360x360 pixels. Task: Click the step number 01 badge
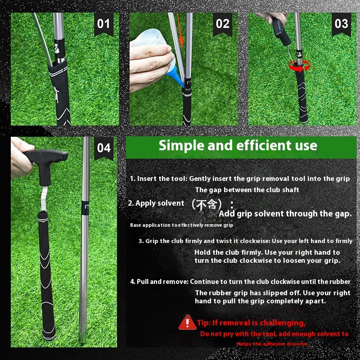(x=104, y=24)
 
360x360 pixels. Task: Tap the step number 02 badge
(x=222, y=24)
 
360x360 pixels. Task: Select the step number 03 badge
(x=342, y=24)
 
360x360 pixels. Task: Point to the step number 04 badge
(x=104, y=148)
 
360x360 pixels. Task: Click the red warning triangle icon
(x=187, y=322)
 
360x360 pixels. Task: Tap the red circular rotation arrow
(x=299, y=66)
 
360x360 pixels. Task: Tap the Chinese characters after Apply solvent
(x=207, y=204)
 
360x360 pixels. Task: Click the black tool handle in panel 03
(x=281, y=31)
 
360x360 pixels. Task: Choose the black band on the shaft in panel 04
(x=85, y=208)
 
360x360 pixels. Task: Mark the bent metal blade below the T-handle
(x=44, y=199)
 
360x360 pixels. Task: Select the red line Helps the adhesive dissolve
(x=272, y=344)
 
